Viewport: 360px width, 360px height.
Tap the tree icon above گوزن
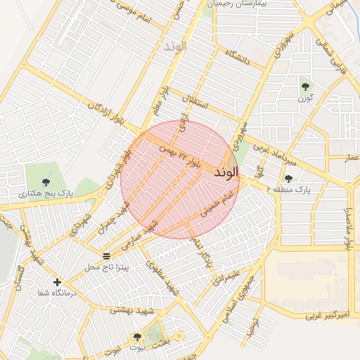304,87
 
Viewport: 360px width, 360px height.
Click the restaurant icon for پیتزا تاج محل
106,256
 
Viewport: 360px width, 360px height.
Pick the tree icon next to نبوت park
137,337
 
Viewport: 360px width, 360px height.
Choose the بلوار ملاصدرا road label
347,227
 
